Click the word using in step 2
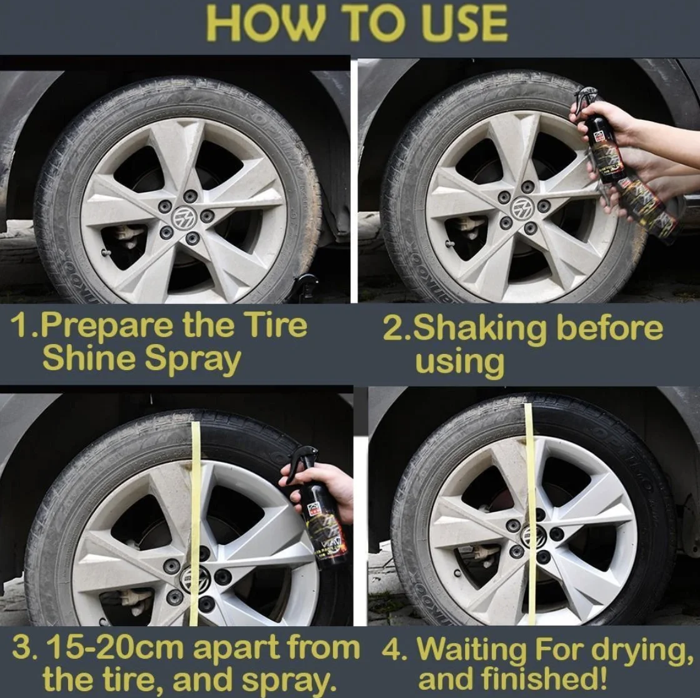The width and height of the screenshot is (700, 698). (459, 362)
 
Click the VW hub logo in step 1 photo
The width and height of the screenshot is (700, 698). (184, 217)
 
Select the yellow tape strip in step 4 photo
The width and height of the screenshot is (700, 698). (530, 512)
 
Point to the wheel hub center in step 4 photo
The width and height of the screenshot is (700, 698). (533, 536)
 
